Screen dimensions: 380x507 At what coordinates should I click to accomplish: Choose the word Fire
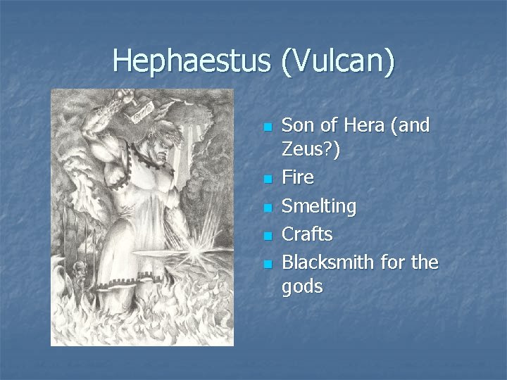[297, 177]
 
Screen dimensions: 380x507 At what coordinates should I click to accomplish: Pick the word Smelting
[318, 206]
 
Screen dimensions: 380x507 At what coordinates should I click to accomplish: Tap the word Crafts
[307, 234]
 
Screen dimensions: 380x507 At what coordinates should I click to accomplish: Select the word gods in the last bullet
[302, 286]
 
